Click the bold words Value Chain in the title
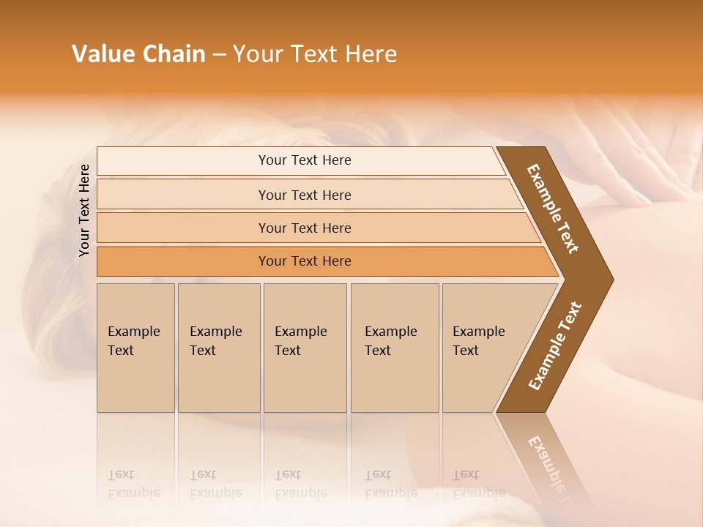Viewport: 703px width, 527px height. tap(138, 54)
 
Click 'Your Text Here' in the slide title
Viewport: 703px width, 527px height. tap(315, 54)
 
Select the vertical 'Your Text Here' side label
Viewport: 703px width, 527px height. tap(84, 210)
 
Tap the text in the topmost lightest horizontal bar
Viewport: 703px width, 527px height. tap(305, 160)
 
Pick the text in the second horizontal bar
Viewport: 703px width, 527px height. tap(305, 195)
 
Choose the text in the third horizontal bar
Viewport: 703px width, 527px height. tap(305, 228)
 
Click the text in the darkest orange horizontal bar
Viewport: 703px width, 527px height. tap(305, 261)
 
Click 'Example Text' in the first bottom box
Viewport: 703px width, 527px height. tap(133, 341)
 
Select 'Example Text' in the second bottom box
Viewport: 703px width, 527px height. tap(215, 341)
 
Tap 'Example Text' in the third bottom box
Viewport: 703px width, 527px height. tap(300, 341)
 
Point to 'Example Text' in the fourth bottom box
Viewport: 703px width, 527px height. tap(390, 341)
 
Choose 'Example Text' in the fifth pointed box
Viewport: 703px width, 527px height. tap(478, 341)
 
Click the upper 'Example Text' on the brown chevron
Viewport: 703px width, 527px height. tap(553, 209)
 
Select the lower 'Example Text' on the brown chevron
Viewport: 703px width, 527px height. tap(555, 346)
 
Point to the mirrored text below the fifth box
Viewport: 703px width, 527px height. tap(478, 484)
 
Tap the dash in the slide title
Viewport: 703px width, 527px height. tap(219, 54)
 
